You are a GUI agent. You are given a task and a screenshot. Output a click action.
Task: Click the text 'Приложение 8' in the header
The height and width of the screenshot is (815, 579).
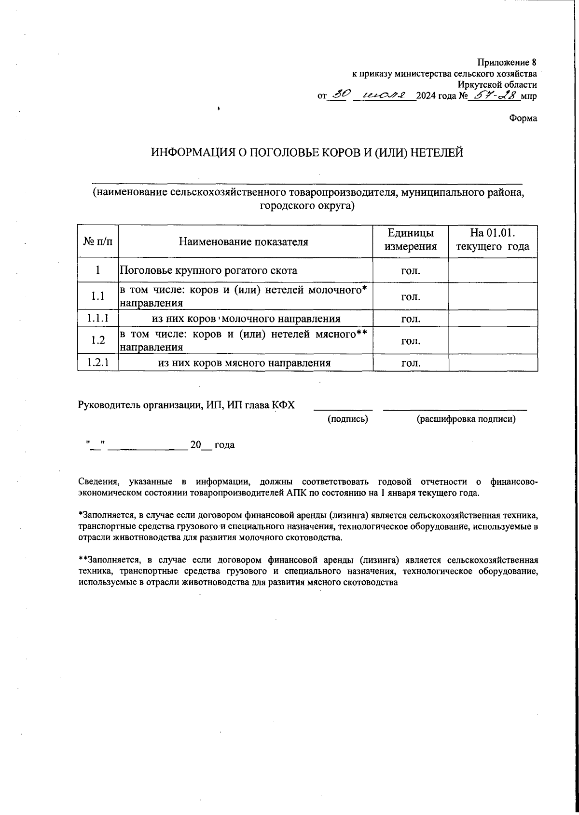point(507,63)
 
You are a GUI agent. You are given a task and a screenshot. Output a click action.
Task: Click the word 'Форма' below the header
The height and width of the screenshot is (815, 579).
point(523,118)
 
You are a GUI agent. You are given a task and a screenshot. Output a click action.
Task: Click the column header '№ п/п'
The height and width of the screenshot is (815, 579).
point(97,241)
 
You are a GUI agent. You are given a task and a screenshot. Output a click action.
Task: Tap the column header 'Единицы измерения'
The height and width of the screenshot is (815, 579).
point(411,240)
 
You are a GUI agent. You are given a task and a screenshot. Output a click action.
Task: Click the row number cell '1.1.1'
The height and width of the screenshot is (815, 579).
point(97,319)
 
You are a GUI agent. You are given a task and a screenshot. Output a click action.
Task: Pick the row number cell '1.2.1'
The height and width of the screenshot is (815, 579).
point(97,362)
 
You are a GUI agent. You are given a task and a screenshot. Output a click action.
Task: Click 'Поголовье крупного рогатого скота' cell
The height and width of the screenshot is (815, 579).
point(208,270)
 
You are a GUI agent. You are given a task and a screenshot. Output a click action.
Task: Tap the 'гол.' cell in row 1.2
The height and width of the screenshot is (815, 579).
point(411,341)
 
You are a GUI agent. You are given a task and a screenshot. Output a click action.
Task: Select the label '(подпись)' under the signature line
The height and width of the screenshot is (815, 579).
point(348,419)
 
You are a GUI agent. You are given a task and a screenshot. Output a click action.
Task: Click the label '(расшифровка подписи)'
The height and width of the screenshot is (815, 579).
point(466,419)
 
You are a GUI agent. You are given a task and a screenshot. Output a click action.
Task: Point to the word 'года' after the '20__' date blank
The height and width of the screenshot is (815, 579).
point(224,445)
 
